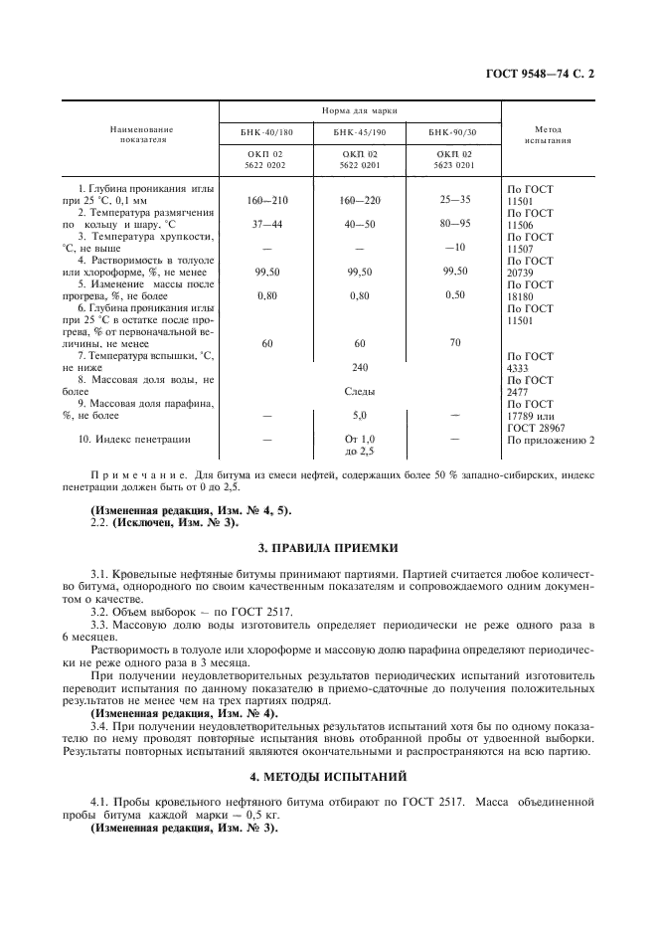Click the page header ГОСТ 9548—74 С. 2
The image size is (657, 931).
coord(545,73)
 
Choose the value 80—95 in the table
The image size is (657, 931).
coord(455,223)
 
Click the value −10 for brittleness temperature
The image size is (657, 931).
coord(455,247)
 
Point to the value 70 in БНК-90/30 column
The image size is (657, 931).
coord(455,343)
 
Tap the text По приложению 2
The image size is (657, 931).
coord(551,439)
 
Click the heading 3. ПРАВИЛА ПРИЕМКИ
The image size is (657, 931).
coord(328,547)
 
